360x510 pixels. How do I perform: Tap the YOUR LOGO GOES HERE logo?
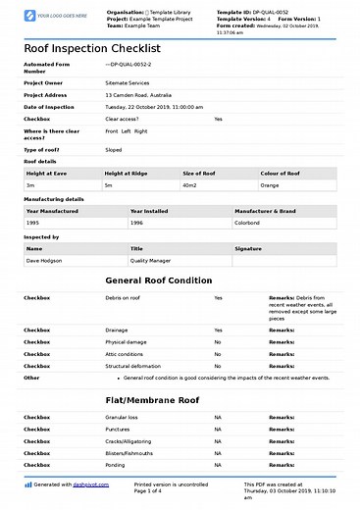(x=44, y=17)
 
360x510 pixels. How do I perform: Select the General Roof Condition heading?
(x=157, y=280)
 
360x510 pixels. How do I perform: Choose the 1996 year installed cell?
(x=137, y=223)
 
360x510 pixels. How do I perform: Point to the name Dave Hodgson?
(x=45, y=261)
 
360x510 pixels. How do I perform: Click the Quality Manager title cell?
(x=151, y=261)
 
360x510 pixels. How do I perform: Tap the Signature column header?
(x=248, y=249)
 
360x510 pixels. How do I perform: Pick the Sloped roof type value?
(x=114, y=150)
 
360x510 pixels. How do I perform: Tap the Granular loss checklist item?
(x=123, y=418)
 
